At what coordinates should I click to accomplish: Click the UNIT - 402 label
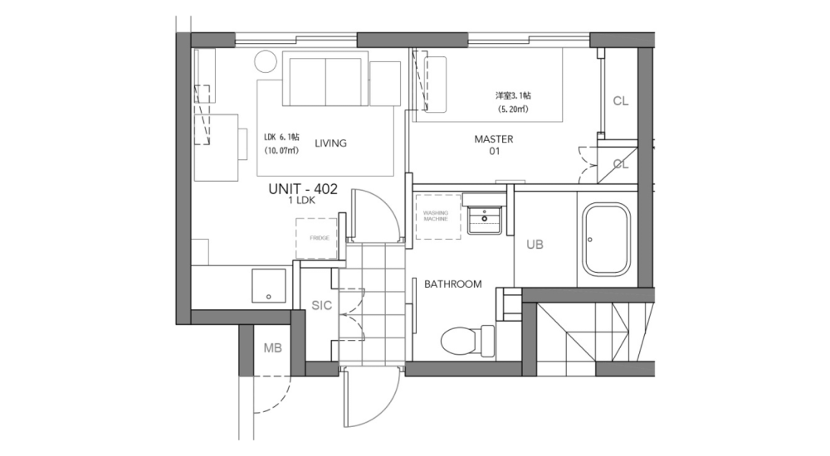point(302,189)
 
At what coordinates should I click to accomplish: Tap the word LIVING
point(330,143)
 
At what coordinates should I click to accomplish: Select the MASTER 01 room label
point(493,145)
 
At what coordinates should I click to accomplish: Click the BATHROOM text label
point(452,284)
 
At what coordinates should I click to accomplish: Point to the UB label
point(535,245)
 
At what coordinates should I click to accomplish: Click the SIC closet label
point(321,305)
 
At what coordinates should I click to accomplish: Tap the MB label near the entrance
point(273,348)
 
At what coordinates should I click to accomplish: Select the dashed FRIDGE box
point(319,238)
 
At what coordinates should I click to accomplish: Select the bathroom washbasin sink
point(484,220)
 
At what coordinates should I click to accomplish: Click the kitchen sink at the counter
point(270,286)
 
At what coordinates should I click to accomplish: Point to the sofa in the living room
point(325,79)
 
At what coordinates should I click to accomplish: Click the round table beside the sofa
point(266,63)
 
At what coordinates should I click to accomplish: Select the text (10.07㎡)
point(281,152)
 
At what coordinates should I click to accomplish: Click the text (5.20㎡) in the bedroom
point(513,109)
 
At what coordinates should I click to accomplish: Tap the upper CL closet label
point(620,101)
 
